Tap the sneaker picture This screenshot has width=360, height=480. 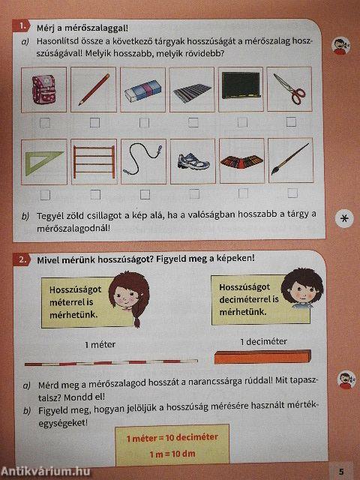192,161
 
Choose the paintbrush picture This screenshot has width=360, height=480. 289,160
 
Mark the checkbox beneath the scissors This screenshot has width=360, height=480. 291,121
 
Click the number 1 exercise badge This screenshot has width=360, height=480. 24,26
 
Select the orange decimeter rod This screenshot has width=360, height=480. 262,357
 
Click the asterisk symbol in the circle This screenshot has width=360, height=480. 343,217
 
